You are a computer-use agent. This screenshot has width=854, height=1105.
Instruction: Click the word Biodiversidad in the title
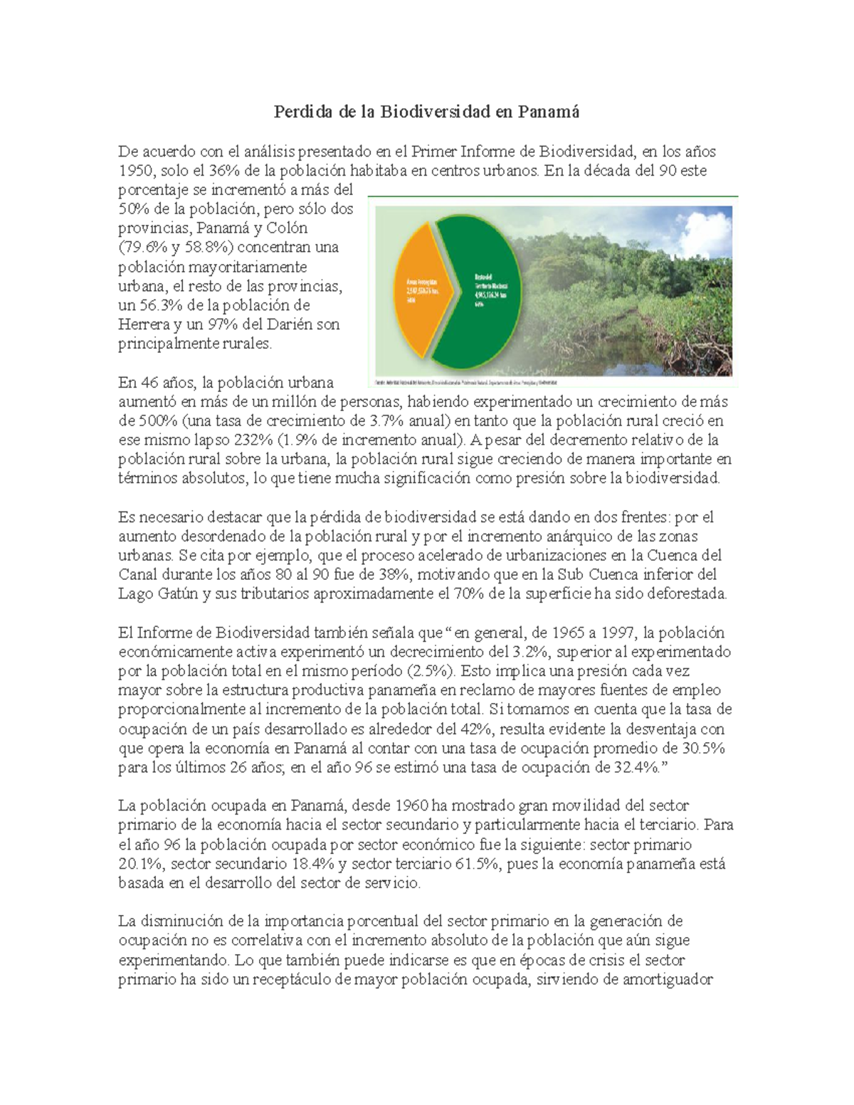pyautogui.click(x=434, y=112)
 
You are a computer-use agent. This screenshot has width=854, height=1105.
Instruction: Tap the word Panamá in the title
pyautogui.click(x=549, y=112)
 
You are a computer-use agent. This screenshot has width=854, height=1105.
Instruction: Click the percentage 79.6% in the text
pyautogui.click(x=146, y=248)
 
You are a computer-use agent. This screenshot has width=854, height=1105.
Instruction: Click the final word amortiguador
pyautogui.click(x=668, y=979)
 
